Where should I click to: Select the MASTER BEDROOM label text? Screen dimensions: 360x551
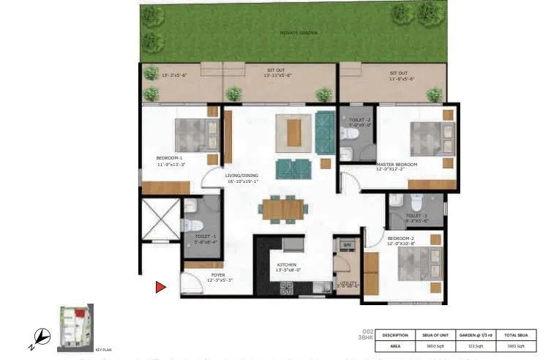pos(397,164)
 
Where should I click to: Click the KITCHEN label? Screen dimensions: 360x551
pos(286,266)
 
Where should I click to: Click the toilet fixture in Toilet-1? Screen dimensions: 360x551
pos(189,225)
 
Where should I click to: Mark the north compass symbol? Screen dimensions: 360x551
pos(43,337)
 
